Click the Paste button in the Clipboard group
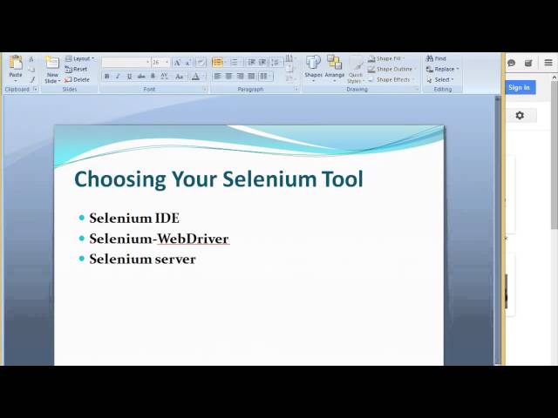[15, 66]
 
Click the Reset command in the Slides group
[78, 69]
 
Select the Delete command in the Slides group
[78, 79]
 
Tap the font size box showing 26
[159, 63]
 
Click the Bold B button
[107, 77]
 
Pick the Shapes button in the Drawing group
[313, 66]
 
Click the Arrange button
[334, 66]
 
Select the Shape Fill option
[386, 58]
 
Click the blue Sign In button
[519, 87]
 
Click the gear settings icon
[520, 115]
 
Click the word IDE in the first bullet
[167, 218]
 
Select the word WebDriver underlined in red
[193, 239]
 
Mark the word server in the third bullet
[175, 259]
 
